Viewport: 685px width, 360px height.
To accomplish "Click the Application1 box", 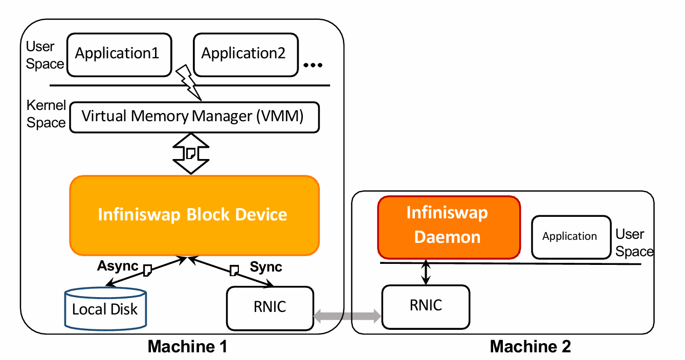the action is [119, 55].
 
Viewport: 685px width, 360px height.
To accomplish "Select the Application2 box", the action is [246, 55].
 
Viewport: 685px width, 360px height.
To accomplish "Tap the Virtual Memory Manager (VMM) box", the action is [194, 117].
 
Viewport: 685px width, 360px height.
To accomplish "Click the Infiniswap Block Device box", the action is [194, 215].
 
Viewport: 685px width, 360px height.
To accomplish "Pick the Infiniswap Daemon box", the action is [449, 228].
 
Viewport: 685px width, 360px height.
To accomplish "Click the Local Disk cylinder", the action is [105, 309].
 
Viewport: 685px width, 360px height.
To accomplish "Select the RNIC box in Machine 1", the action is [270, 308].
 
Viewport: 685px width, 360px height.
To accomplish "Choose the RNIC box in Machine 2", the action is [426, 307].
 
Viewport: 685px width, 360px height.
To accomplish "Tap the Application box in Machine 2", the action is [571, 237].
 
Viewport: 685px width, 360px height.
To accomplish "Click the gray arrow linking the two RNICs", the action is [348, 316].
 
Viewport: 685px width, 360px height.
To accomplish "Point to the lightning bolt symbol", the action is [189, 82].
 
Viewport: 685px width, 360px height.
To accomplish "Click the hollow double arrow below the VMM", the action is [191, 153].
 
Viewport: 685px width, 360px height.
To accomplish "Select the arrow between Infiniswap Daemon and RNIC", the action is [426, 272].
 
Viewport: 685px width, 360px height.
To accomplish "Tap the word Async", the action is [118, 265].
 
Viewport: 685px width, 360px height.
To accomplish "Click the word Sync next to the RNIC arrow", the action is [266, 267].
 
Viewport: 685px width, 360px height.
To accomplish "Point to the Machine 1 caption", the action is [187, 347].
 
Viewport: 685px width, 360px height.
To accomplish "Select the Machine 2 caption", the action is [531, 347].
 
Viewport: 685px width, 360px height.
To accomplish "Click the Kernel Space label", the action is [46, 114].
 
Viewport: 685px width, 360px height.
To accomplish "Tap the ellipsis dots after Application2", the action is [313, 65].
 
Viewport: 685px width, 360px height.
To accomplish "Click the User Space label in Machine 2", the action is [634, 243].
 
